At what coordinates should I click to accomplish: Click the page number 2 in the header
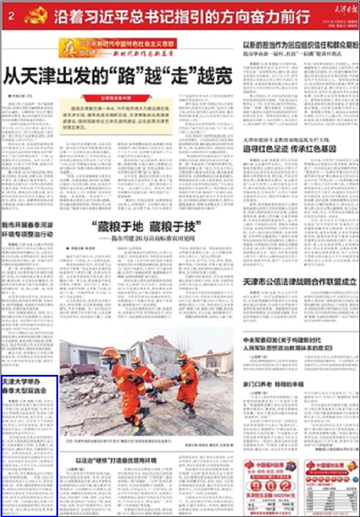[x=12, y=17]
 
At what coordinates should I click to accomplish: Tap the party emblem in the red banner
[x=36, y=16]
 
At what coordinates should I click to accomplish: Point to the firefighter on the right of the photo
[x=187, y=384]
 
